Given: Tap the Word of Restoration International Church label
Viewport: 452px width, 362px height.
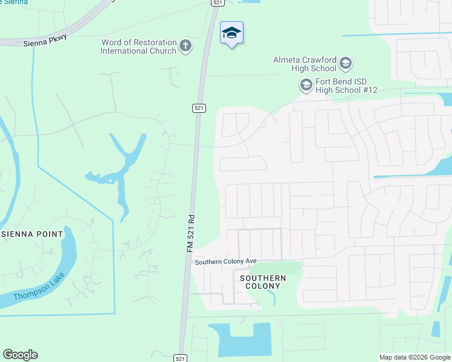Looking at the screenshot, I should pyautogui.click(x=139, y=46).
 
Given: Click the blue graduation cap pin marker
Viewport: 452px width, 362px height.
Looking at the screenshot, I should pyautogui.click(x=231, y=33).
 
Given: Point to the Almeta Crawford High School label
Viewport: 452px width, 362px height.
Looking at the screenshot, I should pyautogui.click(x=305, y=64).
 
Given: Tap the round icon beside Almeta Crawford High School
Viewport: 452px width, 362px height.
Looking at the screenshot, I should pyautogui.click(x=346, y=63).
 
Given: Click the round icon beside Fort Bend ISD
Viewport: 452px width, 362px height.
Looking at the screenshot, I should pyautogui.click(x=306, y=85).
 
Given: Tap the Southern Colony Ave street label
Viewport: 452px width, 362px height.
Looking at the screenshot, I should pyautogui.click(x=225, y=261).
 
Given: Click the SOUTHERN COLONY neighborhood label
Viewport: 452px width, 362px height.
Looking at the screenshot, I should pyautogui.click(x=263, y=282).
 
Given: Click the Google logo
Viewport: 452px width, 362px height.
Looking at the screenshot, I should pyautogui.click(x=20, y=355).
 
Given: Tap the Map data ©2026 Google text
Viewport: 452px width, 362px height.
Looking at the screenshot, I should pyautogui.click(x=415, y=357).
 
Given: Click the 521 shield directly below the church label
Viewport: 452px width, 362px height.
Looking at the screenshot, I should pyautogui.click(x=199, y=108).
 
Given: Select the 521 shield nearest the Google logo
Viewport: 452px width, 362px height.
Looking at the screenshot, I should pyautogui.click(x=180, y=358).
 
